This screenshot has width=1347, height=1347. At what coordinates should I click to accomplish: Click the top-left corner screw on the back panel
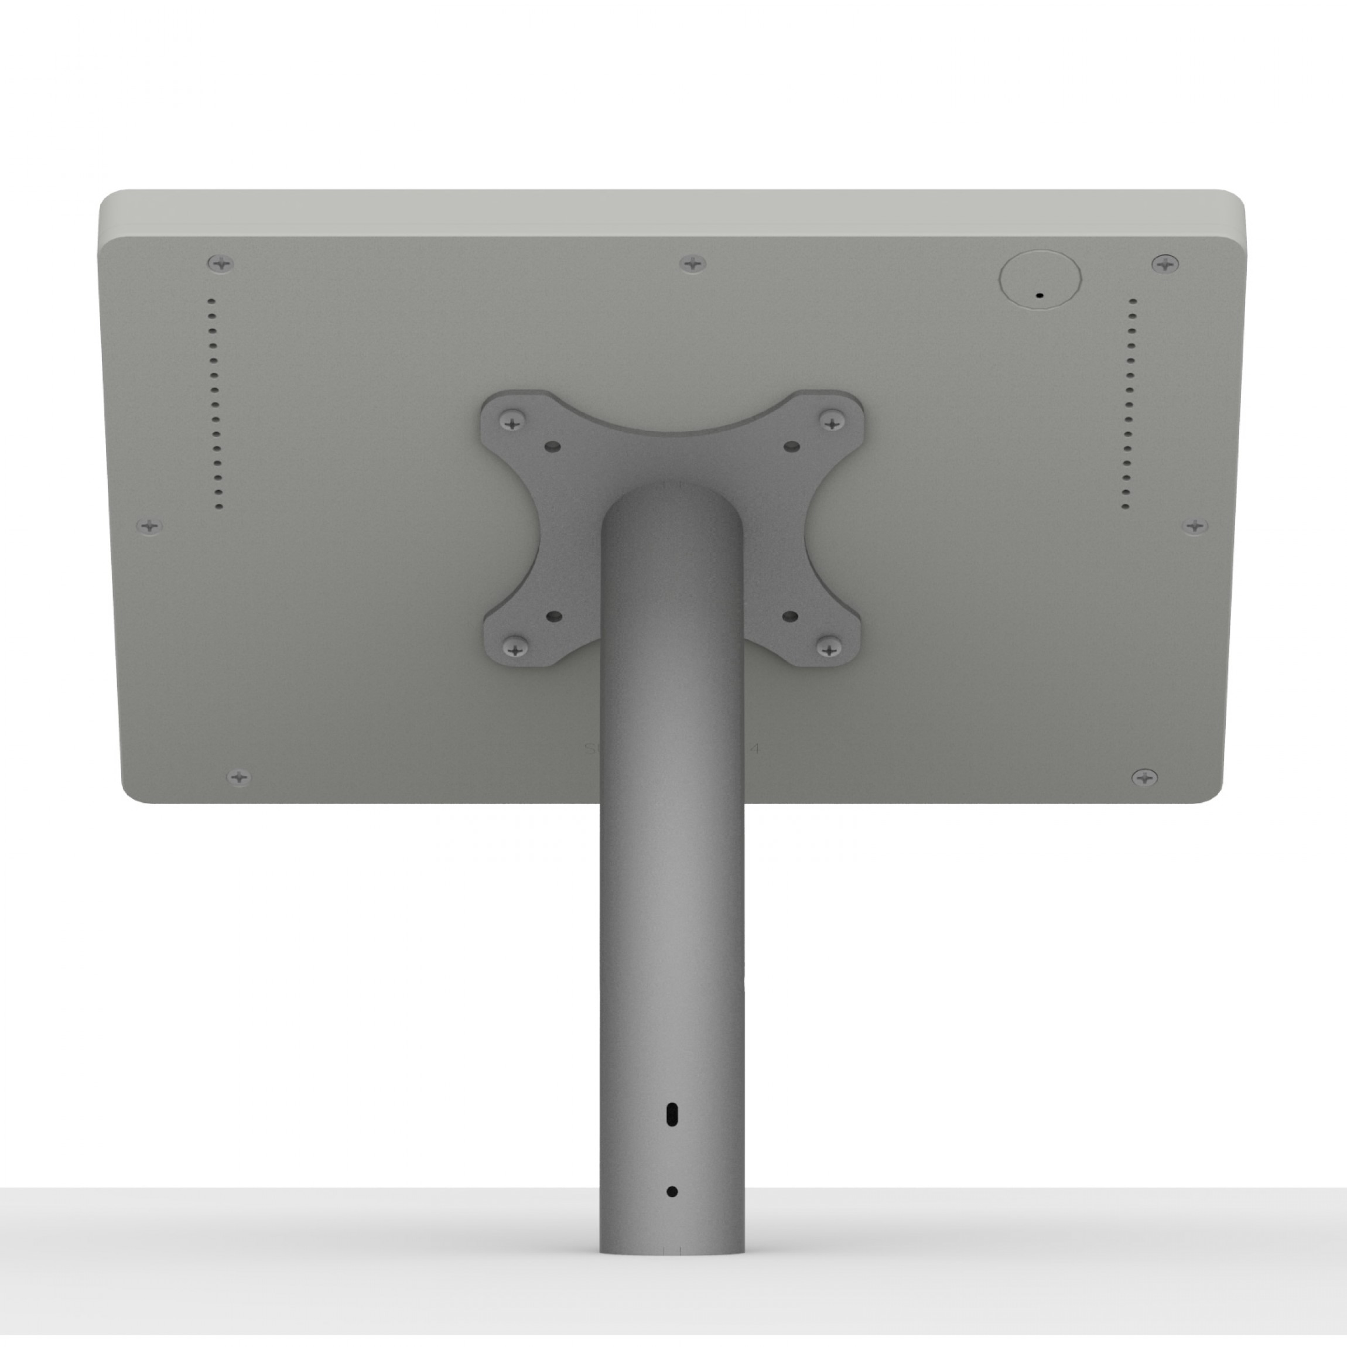click(221, 264)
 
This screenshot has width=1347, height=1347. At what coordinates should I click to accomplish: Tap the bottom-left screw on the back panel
click(239, 776)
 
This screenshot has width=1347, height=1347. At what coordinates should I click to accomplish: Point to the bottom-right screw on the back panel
click(1144, 776)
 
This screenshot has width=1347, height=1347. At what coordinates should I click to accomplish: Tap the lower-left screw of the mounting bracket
click(515, 649)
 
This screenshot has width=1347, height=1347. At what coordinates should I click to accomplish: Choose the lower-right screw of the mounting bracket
click(829, 649)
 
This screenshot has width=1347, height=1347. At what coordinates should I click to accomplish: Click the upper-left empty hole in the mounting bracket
click(553, 445)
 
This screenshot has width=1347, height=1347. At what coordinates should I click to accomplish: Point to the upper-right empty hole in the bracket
click(791, 445)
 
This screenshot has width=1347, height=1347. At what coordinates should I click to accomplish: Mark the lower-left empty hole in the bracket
click(554, 616)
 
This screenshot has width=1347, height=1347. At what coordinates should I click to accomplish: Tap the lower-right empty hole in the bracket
click(790, 616)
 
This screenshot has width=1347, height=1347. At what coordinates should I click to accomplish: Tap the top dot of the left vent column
click(211, 301)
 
